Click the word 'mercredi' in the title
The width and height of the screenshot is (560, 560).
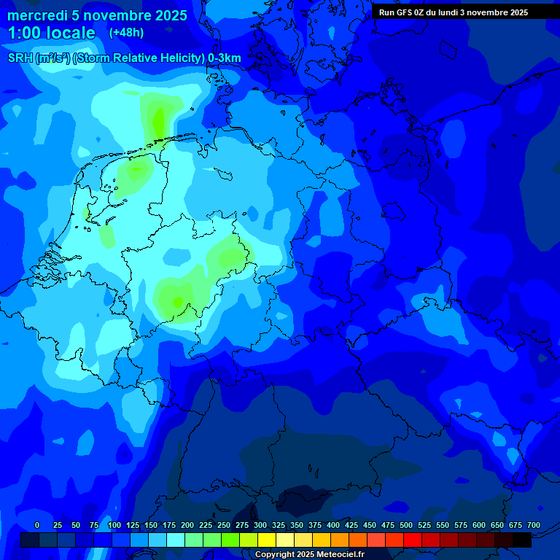click(35, 15)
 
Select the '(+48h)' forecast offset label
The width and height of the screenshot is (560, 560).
click(126, 33)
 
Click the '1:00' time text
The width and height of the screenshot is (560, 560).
click(23, 33)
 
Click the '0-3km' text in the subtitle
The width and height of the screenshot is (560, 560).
click(225, 58)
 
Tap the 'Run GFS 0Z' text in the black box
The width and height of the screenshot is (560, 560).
click(402, 12)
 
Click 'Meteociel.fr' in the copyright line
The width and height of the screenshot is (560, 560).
click(341, 555)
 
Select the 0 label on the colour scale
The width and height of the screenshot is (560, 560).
click(37, 525)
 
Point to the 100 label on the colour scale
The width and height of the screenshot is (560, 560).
click(114, 525)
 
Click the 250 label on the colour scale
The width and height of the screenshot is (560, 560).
click(224, 525)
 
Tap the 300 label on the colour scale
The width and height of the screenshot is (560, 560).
click(260, 525)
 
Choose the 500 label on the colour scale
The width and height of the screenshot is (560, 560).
click(406, 525)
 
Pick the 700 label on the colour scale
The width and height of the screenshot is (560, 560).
click(534, 525)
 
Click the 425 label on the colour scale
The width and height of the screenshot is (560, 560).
click(351, 525)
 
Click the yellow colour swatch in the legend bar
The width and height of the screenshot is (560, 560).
click(267, 540)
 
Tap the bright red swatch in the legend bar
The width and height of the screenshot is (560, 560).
click(413, 540)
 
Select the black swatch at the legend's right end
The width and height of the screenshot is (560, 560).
click(522, 540)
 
